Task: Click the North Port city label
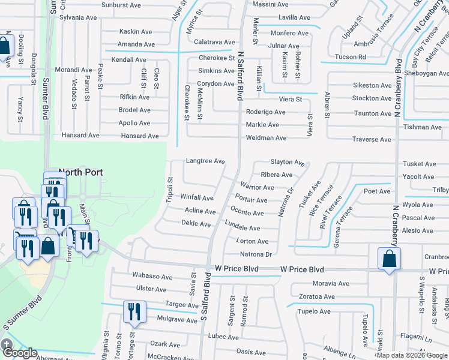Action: click(x=80, y=172)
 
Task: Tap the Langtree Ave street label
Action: click(x=205, y=161)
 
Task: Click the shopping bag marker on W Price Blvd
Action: click(x=389, y=259)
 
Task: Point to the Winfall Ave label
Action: click(x=197, y=197)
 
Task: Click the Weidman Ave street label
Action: click(x=266, y=138)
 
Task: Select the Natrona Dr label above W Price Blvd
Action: click(x=256, y=254)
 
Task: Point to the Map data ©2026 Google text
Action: click(x=412, y=355)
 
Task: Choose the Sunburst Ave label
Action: click(x=121, y=5)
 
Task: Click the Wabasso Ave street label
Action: click(x=152, y=277)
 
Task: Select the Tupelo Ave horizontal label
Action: click(x=315, y=311)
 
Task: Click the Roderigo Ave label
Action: click(x=265, y=112)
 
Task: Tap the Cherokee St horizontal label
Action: click(x=216, y=58)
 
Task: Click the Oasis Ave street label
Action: click(x=251, y=352)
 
